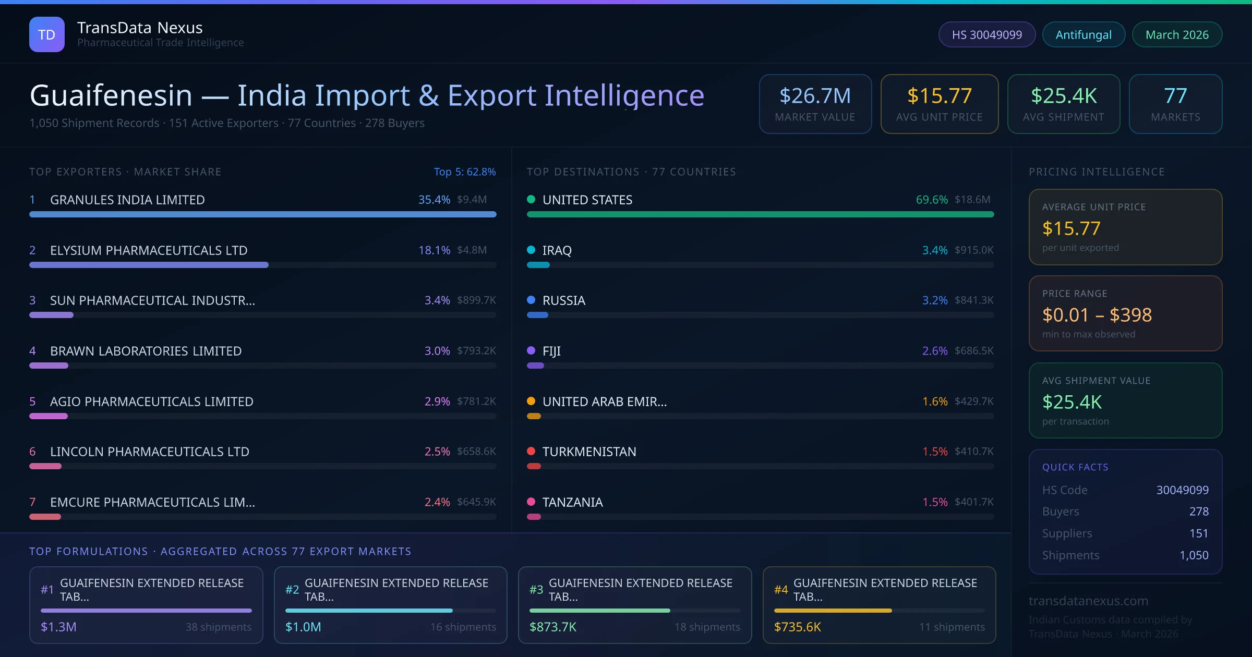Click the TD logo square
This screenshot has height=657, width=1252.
point(46,34)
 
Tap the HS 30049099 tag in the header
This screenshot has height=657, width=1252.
point(986,34)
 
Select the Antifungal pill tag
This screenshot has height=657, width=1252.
point(1083,34)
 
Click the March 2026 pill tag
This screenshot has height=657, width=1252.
point(1176,34)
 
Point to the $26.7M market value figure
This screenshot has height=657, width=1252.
point(815,96)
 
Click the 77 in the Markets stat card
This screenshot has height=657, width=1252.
point(1175,96)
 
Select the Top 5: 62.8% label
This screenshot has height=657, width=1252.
point(464,172)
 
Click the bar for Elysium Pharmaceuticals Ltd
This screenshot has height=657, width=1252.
point(149,265)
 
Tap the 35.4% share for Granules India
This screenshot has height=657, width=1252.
point(434,200)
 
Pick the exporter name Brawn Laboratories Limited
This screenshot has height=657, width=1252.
point(146,351)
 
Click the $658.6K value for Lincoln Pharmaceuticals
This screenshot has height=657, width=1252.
point(476,452)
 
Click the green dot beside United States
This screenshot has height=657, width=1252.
point(531,199)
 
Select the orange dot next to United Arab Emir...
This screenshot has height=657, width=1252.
point(531,401)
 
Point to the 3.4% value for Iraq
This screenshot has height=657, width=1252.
point(934,250)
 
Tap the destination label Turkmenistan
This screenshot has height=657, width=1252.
point(589,452)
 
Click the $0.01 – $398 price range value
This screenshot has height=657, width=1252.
point(1097,315)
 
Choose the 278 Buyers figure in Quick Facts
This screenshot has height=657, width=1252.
point(1198,512)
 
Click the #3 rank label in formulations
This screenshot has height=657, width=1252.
point(536,590)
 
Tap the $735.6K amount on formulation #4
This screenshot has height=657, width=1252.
point(797,627)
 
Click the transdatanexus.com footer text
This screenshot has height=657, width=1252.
point(1088,601)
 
